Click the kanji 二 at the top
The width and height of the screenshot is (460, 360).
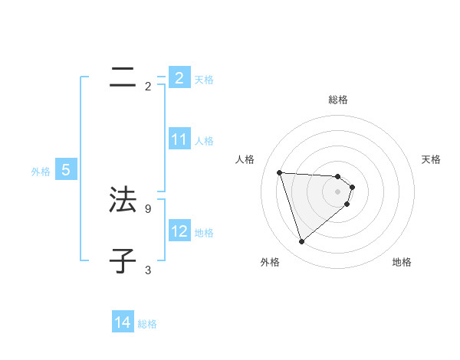[123, 77]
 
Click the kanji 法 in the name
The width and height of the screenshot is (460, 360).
[123, 199]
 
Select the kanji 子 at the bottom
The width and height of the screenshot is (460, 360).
[123, 260]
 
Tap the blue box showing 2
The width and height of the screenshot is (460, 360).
[179, 77]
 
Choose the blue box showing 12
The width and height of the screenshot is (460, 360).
[179, 231]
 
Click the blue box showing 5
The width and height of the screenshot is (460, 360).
[66, 170]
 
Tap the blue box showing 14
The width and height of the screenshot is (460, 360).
[123, 322]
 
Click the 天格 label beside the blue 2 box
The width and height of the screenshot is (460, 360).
[204, 79]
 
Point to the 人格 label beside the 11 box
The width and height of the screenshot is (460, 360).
[204, 141]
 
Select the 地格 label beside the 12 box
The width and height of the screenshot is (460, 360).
[204, 233]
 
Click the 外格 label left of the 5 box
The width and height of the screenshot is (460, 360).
[41, 172]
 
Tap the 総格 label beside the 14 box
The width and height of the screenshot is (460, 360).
[147, 324]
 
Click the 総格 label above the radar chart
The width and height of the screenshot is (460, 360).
[338, 100]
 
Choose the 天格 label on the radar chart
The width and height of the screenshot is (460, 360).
[431, 159]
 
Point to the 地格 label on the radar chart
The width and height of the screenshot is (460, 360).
[402, 263]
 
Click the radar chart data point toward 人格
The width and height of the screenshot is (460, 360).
[280, 172]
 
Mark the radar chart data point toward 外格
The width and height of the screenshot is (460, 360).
[301, 242]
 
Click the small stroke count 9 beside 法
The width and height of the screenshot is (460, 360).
[147, 208]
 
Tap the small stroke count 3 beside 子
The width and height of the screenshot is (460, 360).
[147, 270]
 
